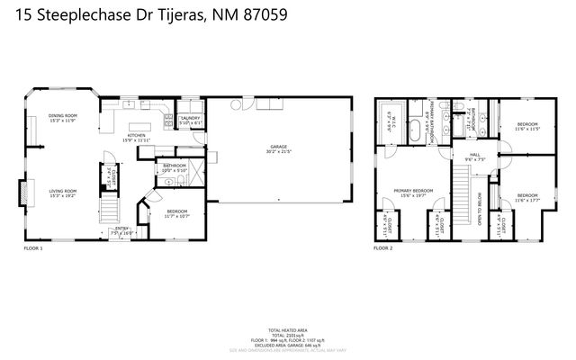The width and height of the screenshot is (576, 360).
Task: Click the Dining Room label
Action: [x=62, y=115]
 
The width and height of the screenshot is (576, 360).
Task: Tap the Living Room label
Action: [x=62, y=191]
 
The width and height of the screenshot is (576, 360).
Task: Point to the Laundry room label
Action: [x=190, y=118]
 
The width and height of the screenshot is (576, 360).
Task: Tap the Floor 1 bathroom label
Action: [x=174, y=165]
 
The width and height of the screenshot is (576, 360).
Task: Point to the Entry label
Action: [x=121, y=229]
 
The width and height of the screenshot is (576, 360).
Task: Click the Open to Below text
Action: [x=480, y=208]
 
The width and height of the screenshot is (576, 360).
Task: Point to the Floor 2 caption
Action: [x=384, y=247]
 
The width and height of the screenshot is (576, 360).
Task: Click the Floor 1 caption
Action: [x=32, y=247]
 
